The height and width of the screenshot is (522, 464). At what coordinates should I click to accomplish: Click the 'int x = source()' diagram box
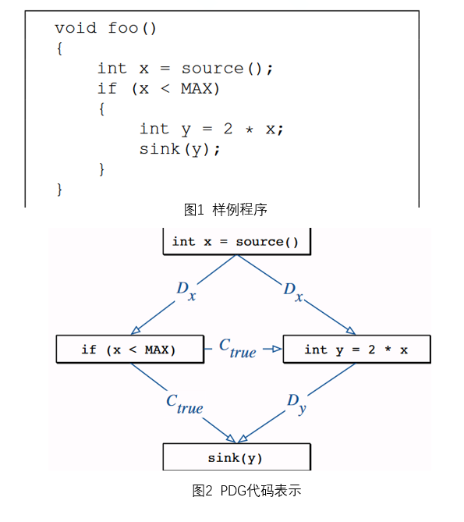(236, 241)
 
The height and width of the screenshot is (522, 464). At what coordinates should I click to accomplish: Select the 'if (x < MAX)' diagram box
(130, 350)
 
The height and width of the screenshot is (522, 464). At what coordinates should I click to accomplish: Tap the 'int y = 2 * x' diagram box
(356, 350)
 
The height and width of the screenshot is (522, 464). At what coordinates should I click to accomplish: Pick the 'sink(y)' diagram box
(236, 457)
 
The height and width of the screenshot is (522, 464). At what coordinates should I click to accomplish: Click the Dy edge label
(296, 403)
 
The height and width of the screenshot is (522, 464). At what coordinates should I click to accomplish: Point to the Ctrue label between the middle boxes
(238, 349)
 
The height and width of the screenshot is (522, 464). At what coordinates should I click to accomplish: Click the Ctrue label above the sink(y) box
(185, 404)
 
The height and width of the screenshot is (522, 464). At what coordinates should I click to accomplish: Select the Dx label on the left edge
(186, 290)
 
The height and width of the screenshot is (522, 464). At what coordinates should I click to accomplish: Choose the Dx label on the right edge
(293, 292)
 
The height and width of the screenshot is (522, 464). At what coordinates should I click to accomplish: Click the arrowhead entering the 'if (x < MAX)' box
(136, 330)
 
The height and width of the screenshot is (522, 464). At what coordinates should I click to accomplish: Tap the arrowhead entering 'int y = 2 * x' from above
(351, 331)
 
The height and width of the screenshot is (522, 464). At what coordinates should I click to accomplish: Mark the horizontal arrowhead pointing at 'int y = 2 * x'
(277, 349)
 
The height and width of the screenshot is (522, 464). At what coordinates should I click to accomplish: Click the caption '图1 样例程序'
(225, 210)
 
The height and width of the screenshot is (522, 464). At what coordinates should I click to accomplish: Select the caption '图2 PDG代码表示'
(246, 490)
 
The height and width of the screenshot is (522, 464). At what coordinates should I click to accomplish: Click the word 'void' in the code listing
(76, 28)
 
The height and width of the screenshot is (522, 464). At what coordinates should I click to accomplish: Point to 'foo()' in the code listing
(132, 28)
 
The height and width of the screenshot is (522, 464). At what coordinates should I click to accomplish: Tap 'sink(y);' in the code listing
(179, 149)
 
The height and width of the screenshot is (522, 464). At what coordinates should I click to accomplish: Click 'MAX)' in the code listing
(200, 88)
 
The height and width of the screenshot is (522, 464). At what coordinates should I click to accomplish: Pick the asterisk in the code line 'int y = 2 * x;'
(250, 130)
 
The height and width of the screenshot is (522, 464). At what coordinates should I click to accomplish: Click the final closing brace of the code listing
(59, 190)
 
